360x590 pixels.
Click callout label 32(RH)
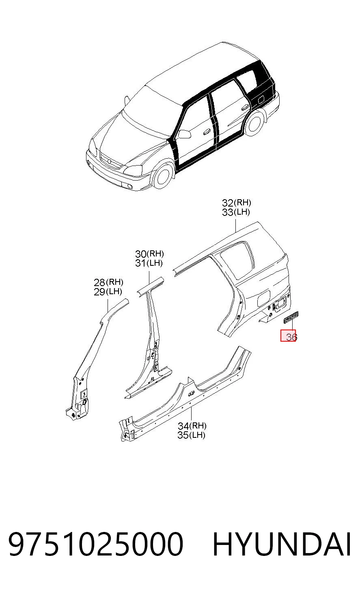236,202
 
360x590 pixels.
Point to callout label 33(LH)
236,212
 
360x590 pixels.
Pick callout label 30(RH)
149,254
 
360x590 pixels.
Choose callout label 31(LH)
149,263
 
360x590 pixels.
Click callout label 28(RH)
109,282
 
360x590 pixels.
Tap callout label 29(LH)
108,292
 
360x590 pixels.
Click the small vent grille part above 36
291,317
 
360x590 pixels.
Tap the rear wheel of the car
254,122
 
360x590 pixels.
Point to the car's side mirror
185,134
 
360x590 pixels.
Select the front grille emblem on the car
109,161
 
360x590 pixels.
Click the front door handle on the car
207,132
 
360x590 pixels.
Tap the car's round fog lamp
130,187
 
